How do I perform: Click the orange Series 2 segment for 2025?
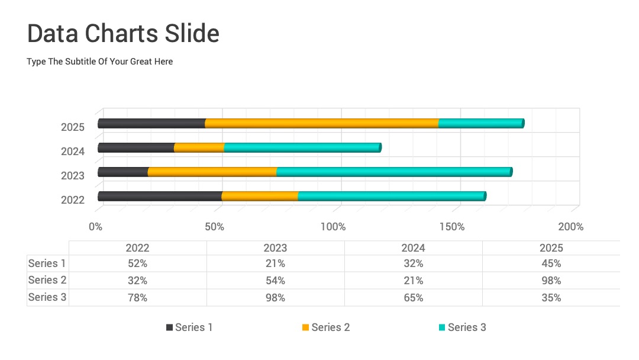[322, 124]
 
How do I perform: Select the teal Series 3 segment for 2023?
[394, 172]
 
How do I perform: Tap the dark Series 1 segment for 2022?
[160, 196]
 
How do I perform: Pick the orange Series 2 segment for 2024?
[199, 147]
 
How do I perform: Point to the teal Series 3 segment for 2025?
[481, 124]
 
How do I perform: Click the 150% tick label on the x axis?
[452, 227]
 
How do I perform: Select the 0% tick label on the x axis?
[95, 227]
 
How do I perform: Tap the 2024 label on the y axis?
[73, 151]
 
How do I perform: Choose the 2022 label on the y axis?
[73, 200]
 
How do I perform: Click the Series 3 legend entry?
[463, 327]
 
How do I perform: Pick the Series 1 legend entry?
[189, 327]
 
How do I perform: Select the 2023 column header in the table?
[276, 248]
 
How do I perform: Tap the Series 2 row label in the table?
[47, 280]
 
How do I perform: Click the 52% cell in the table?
[137, 263]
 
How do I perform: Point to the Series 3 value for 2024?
[413, 298]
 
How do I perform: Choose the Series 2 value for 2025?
[551, 281]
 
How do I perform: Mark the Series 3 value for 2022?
[137, 298]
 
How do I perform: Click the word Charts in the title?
[121, 33]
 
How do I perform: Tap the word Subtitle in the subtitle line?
[80, 62]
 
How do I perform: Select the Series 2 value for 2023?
[276, 281]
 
